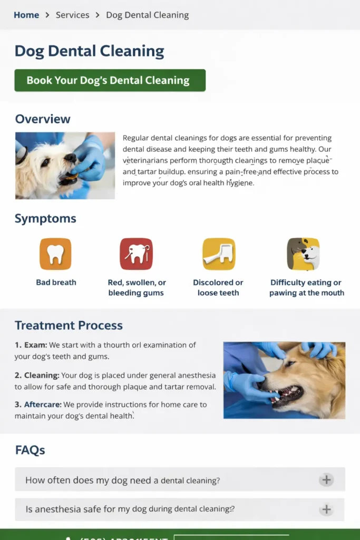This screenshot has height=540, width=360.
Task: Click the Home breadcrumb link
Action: (x=26, y=15)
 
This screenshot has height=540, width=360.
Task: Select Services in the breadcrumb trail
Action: (x=73, y=15)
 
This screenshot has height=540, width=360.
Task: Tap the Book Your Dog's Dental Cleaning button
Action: (x=110, y=80)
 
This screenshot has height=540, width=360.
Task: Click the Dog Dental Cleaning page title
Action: (x=90, y=51)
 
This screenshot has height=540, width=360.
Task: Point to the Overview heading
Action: (x=43, y=119)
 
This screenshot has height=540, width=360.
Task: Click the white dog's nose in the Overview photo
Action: (x=70, y=158)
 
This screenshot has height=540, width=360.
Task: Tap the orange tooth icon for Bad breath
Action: (x=55, y=254)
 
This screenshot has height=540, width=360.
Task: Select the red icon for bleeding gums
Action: (x=136, y=254)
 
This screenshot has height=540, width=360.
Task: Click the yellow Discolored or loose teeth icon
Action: (x=219, y=254)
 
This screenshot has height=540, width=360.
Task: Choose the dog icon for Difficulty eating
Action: (x=303, y=254)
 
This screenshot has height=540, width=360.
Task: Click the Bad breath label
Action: (x=56, y=283)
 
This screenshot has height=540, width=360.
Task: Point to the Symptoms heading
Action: (x=45, y=218)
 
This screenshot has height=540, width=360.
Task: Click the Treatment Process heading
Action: (x=69, y=325)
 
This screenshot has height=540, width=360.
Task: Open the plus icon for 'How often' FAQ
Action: (x=326, y=480)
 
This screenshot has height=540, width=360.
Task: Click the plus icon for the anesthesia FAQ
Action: (x=326, y=509)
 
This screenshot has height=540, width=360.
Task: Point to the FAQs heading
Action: (x=30, y=450)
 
